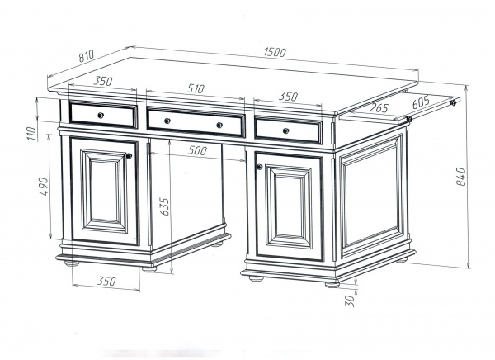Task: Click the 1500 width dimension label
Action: point(275,52)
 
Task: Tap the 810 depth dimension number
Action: point(86,55)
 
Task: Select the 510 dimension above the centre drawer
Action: point(196,88)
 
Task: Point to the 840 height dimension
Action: point(461,177)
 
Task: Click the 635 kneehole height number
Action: point(164,207)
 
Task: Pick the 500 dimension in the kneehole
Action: point(197,150)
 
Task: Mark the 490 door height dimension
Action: point(44,186)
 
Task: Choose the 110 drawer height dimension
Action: point(32,133)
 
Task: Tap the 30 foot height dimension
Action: point(351,300)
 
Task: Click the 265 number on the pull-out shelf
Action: point(378,108)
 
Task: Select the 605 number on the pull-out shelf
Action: point(421,102)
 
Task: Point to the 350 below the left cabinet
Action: point(106,281)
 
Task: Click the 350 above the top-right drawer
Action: point(288,96)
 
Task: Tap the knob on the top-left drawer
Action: point(101,115)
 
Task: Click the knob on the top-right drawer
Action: point(285,130)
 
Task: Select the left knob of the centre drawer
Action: point(167,121)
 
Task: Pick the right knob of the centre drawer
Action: point(219,126)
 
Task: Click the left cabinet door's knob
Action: point(129,156)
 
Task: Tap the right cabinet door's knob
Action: point(260,167)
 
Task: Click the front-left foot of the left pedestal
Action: point(72,263)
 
